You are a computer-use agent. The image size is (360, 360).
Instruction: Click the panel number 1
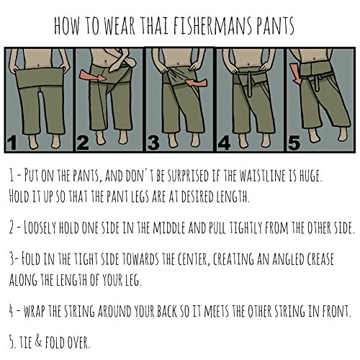[12, 143]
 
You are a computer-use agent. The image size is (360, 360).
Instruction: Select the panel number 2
[82, 143]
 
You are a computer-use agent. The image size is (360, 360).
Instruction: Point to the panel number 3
[153, 143]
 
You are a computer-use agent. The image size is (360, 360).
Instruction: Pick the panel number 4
[225, 143]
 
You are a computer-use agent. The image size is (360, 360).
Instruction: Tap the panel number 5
[294, 143]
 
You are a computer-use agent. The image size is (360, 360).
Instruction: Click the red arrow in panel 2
[93, 76]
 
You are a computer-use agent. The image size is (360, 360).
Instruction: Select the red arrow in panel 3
[197, 82]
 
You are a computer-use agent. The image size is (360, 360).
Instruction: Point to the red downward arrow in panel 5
[296, 73]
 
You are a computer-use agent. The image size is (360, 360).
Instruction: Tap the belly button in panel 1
[39, 65]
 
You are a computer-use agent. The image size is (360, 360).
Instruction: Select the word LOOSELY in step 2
[40, 228]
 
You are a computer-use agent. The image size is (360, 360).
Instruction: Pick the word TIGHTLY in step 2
[245, 228]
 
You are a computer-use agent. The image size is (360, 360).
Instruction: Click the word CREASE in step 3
[319, 258]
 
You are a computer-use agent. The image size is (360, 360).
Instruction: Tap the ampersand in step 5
[39, 341]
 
